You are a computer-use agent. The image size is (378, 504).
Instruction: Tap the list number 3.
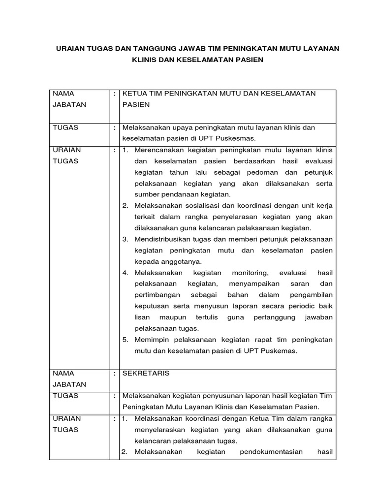[126, 239]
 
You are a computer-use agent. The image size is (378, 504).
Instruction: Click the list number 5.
[126, 340]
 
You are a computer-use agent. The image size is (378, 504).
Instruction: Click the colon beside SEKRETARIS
[114, 373]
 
